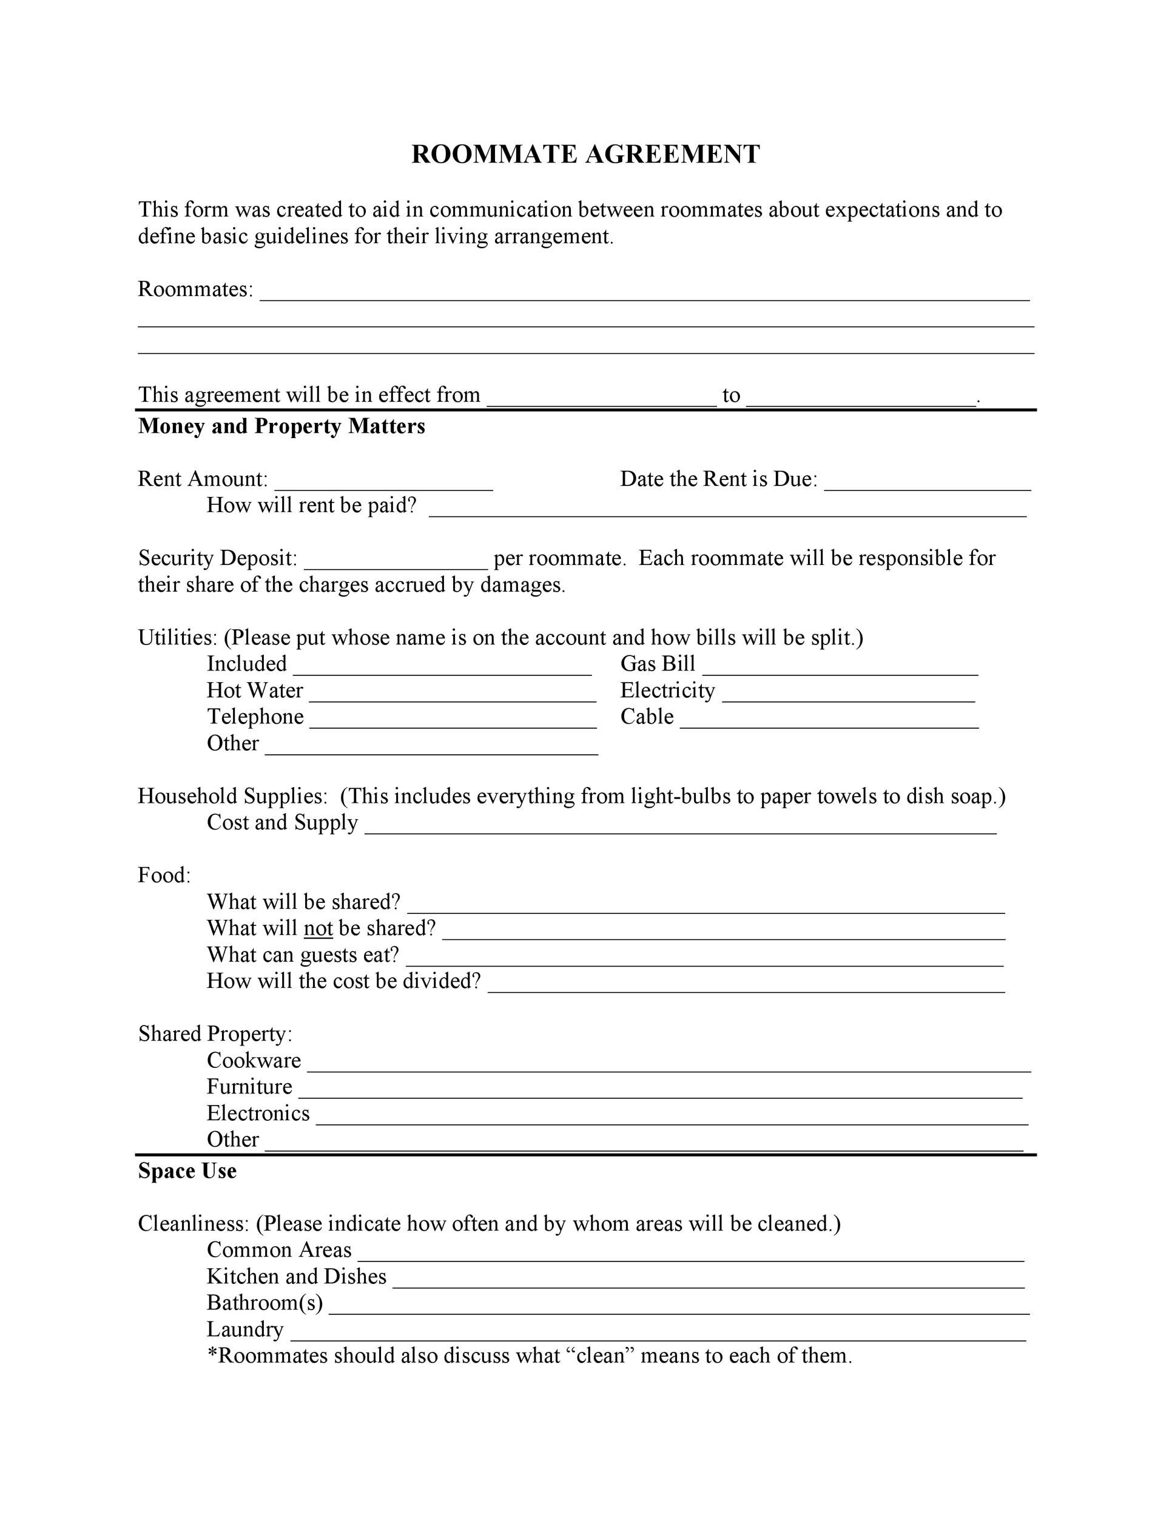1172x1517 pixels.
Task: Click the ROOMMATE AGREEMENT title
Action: [585, 154]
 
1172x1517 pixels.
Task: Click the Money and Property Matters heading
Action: [281, 426]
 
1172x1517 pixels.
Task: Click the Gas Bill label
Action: [658, 664]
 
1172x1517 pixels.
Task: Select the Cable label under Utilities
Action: [647, 717]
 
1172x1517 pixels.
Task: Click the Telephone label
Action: [255, 717]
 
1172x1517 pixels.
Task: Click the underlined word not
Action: [318, 928]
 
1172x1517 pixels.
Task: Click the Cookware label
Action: [254, 1061]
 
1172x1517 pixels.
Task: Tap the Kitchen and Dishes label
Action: [297, 1276]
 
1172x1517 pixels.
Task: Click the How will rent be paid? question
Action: [311, 505]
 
